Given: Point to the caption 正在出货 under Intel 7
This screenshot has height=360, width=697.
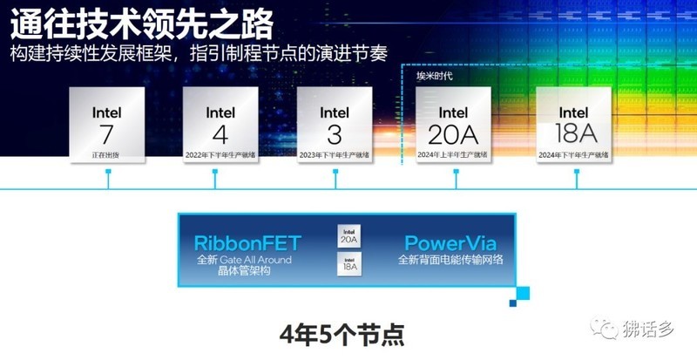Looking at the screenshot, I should coord(107,154).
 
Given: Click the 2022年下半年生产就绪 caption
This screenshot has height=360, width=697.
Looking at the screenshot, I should coord(220,154).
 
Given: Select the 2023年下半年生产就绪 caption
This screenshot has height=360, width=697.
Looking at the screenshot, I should coord(335,154).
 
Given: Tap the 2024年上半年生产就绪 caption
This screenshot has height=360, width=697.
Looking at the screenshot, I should coord(455,154).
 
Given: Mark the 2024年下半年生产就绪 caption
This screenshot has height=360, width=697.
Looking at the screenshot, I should coord(573,154).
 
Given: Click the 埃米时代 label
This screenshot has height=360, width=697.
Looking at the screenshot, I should coord(434,76).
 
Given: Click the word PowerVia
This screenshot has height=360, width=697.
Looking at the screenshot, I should coord(450,243).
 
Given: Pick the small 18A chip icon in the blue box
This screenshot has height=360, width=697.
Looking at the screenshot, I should coord(348,265).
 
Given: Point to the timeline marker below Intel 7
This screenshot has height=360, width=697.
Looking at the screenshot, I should coord(108,173).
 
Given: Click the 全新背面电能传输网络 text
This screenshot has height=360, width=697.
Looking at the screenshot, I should coord(450,260).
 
